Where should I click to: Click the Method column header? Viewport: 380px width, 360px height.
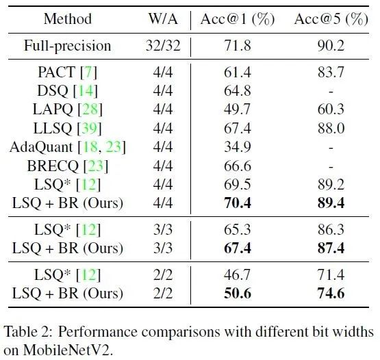pos(68,18)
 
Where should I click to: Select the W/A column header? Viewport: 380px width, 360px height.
pos(163,18)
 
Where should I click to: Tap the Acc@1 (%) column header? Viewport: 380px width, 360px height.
pos(238,19)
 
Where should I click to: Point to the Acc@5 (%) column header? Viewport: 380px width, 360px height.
pos(331,19)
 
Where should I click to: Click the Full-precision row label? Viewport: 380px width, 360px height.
pos(67,46)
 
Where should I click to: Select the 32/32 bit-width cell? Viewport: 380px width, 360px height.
pos(163,46)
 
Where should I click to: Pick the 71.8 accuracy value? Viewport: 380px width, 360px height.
pos(238,46)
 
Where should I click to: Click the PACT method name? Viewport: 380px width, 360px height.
pos(57,72)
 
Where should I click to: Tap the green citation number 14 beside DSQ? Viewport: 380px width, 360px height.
pos(86,91)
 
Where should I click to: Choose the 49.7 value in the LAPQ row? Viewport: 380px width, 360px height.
pos(237,110)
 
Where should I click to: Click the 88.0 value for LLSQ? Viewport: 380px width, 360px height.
pos(331,128)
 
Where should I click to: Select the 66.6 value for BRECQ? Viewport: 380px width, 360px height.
pos(238,166)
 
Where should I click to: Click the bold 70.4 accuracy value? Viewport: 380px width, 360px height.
pos(238,203)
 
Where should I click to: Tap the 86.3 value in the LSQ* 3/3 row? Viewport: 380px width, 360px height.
pos(331,229)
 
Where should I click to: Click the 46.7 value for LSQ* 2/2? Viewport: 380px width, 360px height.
pos(237,275)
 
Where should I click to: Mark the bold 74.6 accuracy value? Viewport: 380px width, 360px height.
pos(331,294)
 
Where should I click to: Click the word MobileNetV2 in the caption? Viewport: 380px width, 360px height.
pos(68,350)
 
